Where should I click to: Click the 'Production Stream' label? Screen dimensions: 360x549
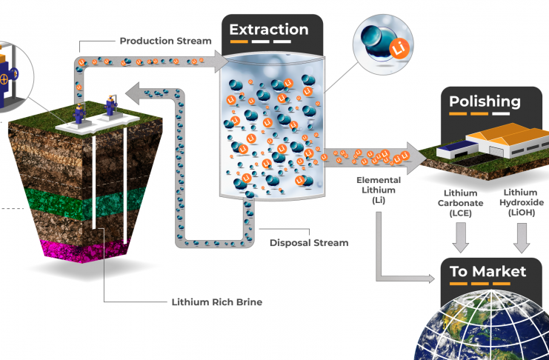[x=165, y=41]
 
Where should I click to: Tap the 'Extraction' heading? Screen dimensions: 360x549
[x=268, y=30]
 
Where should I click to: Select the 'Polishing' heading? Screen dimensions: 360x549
[x=485, y=101]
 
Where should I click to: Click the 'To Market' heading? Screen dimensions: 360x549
[x=488, y=271]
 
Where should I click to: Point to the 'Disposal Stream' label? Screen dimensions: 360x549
[x=309, y=242]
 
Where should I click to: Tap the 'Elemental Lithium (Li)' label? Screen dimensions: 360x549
[x=379, y=190]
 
